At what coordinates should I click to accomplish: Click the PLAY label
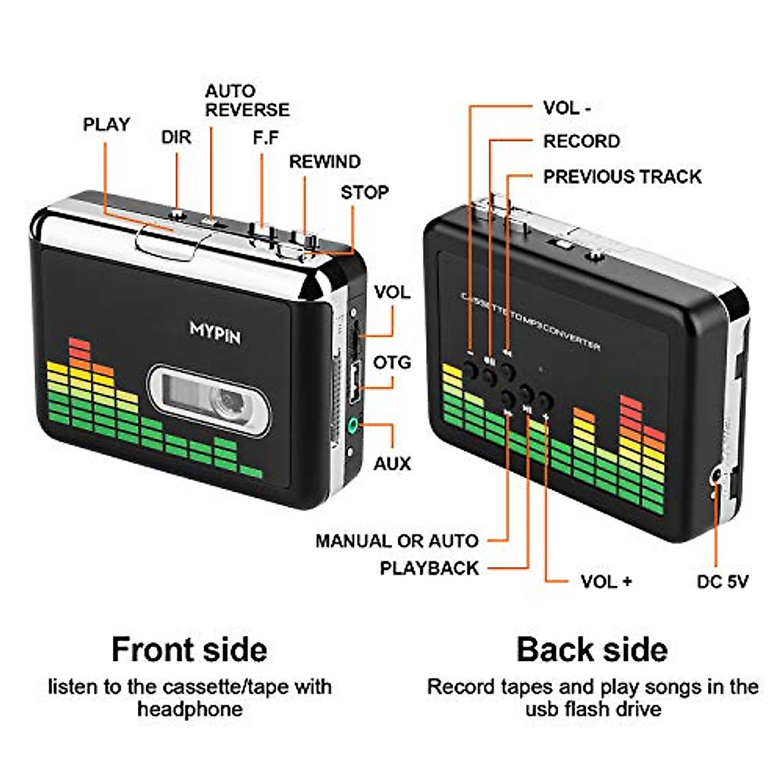pos(106,124)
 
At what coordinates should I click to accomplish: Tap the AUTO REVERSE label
pos(247,100)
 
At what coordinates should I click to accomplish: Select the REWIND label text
pos(324,161)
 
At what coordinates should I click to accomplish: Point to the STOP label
pos(364,192)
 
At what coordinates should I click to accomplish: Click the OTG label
pos(392,362)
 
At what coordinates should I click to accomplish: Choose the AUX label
pos(392,464)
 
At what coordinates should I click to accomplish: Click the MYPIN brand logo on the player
pos(215,332)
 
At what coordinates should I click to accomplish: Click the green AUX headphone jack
pos(353,425)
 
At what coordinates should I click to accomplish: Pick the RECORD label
pos(581,141)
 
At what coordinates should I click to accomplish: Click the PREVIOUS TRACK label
pos(622,176)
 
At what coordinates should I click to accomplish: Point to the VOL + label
pos(606,581)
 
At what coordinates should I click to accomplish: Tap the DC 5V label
pos(722,581)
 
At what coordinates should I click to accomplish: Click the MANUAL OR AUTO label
pos(397,540)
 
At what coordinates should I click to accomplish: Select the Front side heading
pos(189,649)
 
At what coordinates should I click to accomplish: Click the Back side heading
pos(592,649)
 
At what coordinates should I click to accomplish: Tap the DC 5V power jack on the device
pos(716,476)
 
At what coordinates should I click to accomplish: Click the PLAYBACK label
pos(429,568)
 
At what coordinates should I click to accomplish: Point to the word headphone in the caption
pos(189,709)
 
